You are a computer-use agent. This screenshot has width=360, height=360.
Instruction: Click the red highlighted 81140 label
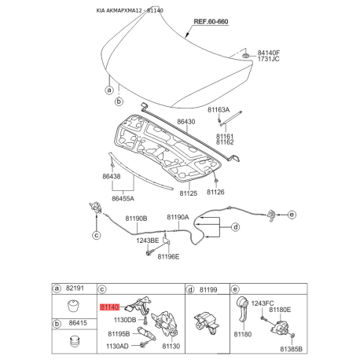tap(109, 307)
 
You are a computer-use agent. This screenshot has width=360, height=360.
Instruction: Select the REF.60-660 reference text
tap(211, 21)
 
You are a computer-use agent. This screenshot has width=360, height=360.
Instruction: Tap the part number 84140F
tap(268, 53)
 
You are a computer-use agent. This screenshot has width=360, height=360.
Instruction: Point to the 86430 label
tap(186, 122)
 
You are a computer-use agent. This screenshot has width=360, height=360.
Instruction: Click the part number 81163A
tap(219, 109)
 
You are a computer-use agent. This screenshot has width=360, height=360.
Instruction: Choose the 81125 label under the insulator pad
tap(189, 193)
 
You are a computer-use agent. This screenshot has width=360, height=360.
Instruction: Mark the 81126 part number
tap(215, 192)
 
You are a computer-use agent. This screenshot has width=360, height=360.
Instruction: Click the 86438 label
tap(112, 176)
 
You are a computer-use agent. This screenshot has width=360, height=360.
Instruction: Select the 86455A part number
tap(123, 199)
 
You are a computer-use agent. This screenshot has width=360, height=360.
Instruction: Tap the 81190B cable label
tap(136, 219)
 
